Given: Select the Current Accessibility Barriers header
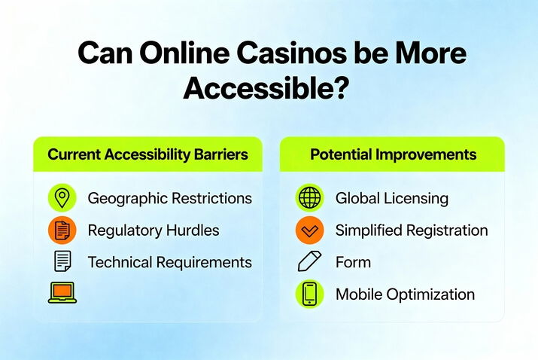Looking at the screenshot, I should click(147, 154).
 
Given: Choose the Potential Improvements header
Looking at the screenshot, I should click(393, 154).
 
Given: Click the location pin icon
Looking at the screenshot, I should click(62, 198).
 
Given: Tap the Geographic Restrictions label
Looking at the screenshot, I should click(169, 198).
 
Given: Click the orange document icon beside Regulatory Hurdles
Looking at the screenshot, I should click(62, 230).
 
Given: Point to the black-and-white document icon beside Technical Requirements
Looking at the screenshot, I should click(62, 262).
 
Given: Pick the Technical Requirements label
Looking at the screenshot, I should click(169, 262).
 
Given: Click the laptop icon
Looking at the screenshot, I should click(62, 293).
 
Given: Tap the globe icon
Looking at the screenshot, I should click(309, 198).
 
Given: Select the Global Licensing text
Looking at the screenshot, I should click(391, 198).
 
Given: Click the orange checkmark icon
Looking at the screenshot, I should click(309, 230).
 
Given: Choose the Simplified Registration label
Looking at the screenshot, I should click(411, 230).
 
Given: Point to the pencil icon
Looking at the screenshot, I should click(309, 262).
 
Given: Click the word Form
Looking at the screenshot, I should click(353, 262).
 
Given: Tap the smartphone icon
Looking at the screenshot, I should click(309, 294).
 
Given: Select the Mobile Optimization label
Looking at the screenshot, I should click(405, 294).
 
